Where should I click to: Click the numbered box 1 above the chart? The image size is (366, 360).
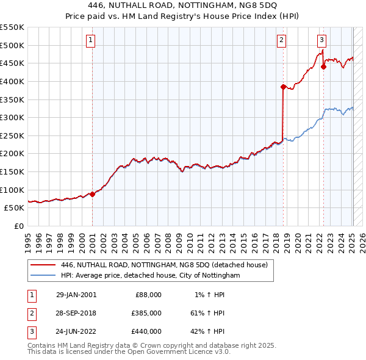pos(90,41)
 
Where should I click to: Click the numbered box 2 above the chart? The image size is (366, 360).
pos(281,41)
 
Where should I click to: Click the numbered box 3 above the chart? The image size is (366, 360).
pos(321,41)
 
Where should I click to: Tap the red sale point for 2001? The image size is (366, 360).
pos(92,194)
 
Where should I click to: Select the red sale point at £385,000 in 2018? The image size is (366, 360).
pos(283,87)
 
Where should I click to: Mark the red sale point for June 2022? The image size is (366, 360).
pos(323,67)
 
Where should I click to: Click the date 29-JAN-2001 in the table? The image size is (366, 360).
pos(76,295)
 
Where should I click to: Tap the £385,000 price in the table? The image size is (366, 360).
pos(147,313)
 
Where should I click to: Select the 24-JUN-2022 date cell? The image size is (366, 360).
pos(76,331)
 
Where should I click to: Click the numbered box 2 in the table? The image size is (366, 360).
pos(31,313)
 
